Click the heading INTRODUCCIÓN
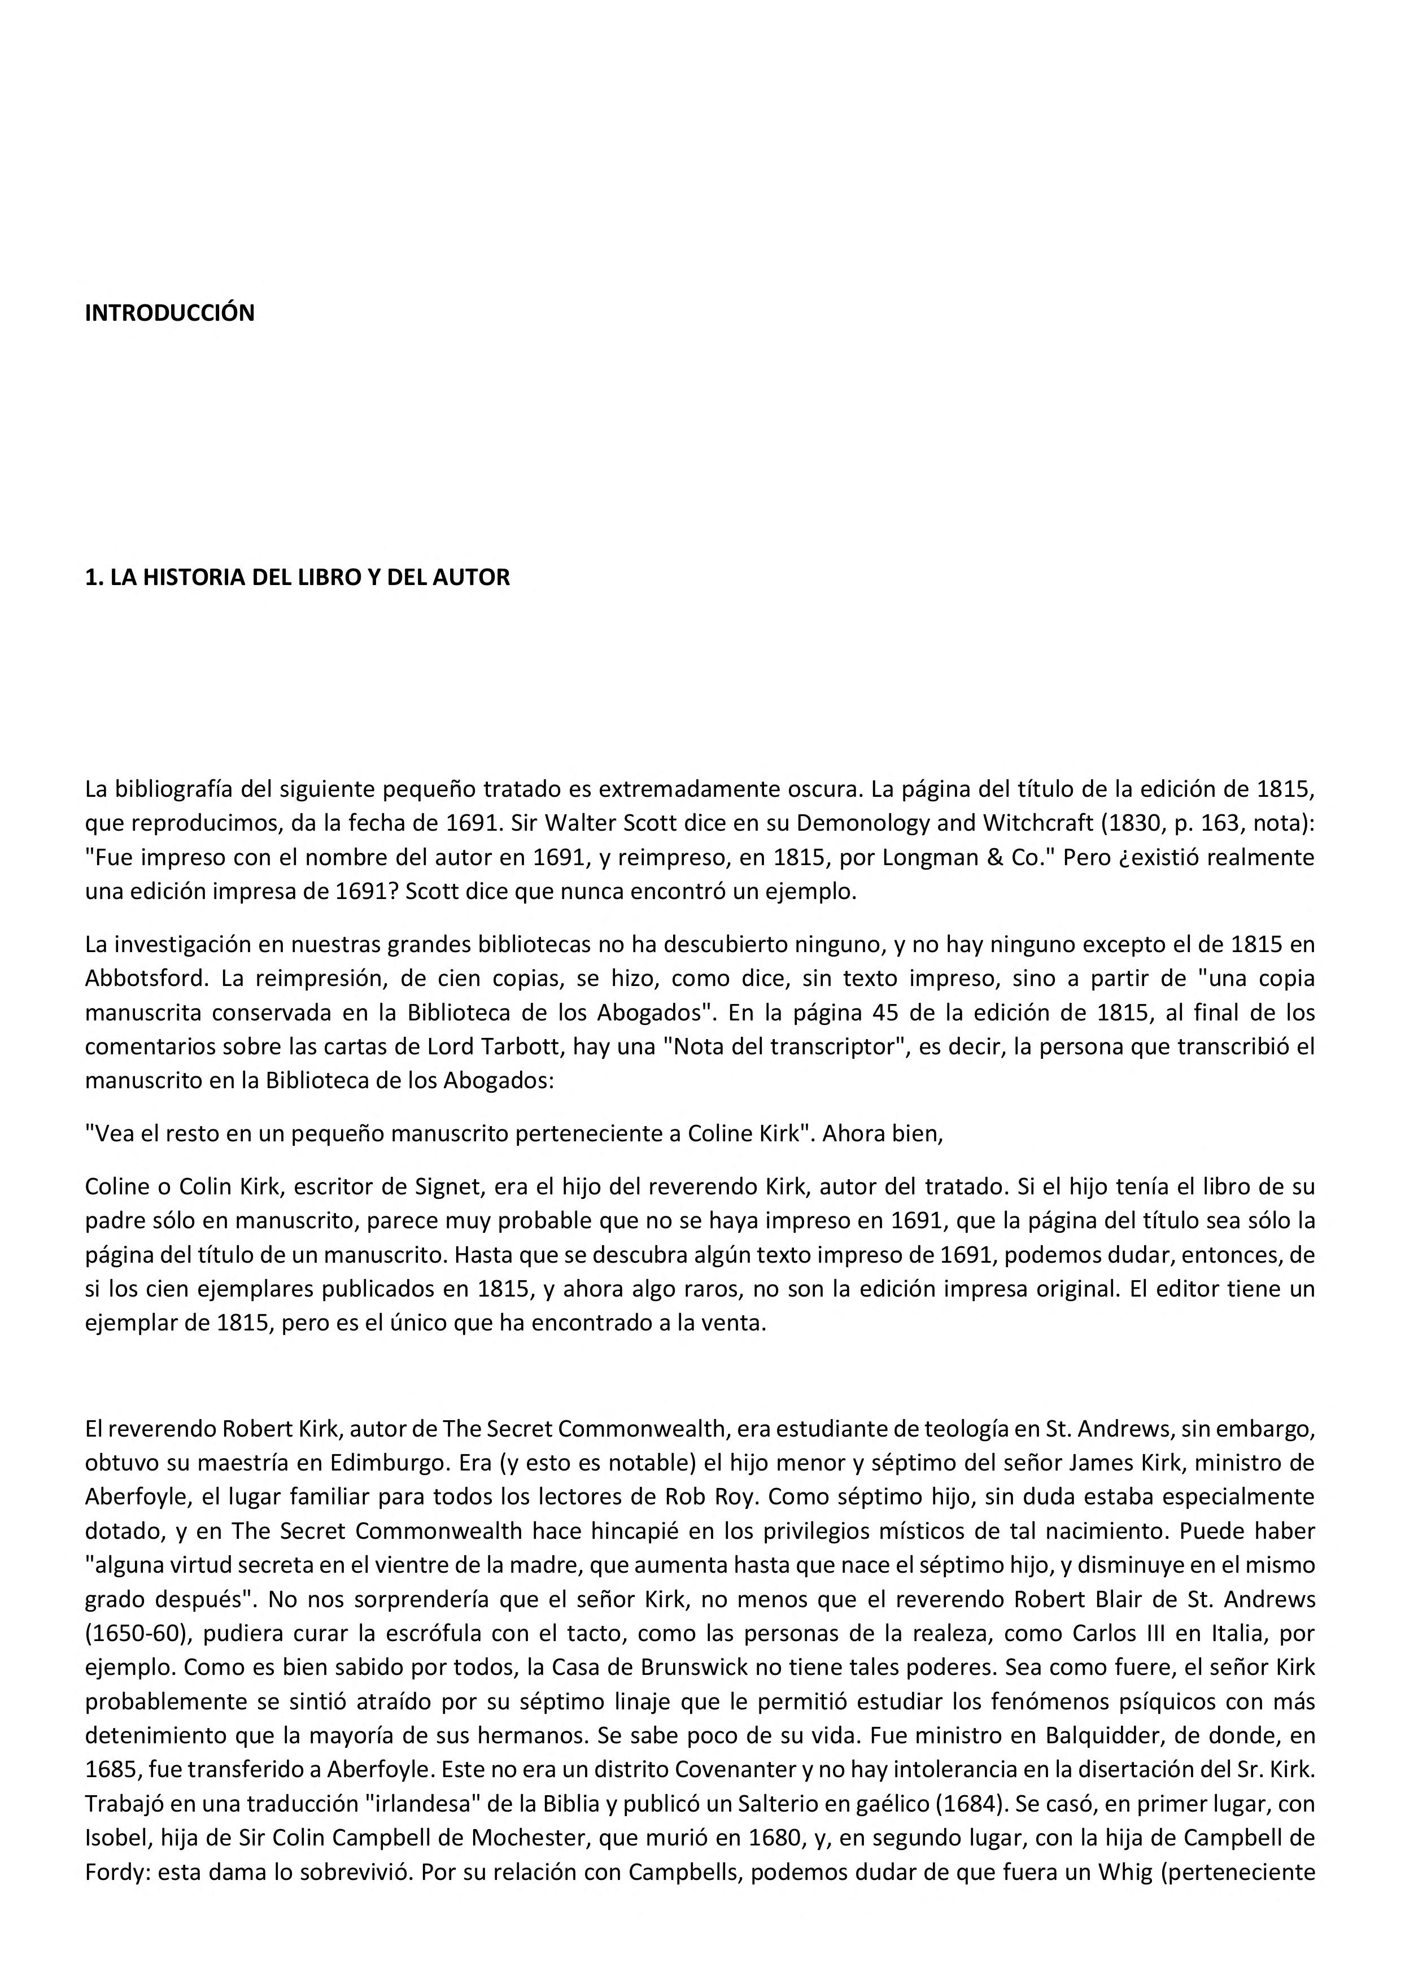tap(169, 313)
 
